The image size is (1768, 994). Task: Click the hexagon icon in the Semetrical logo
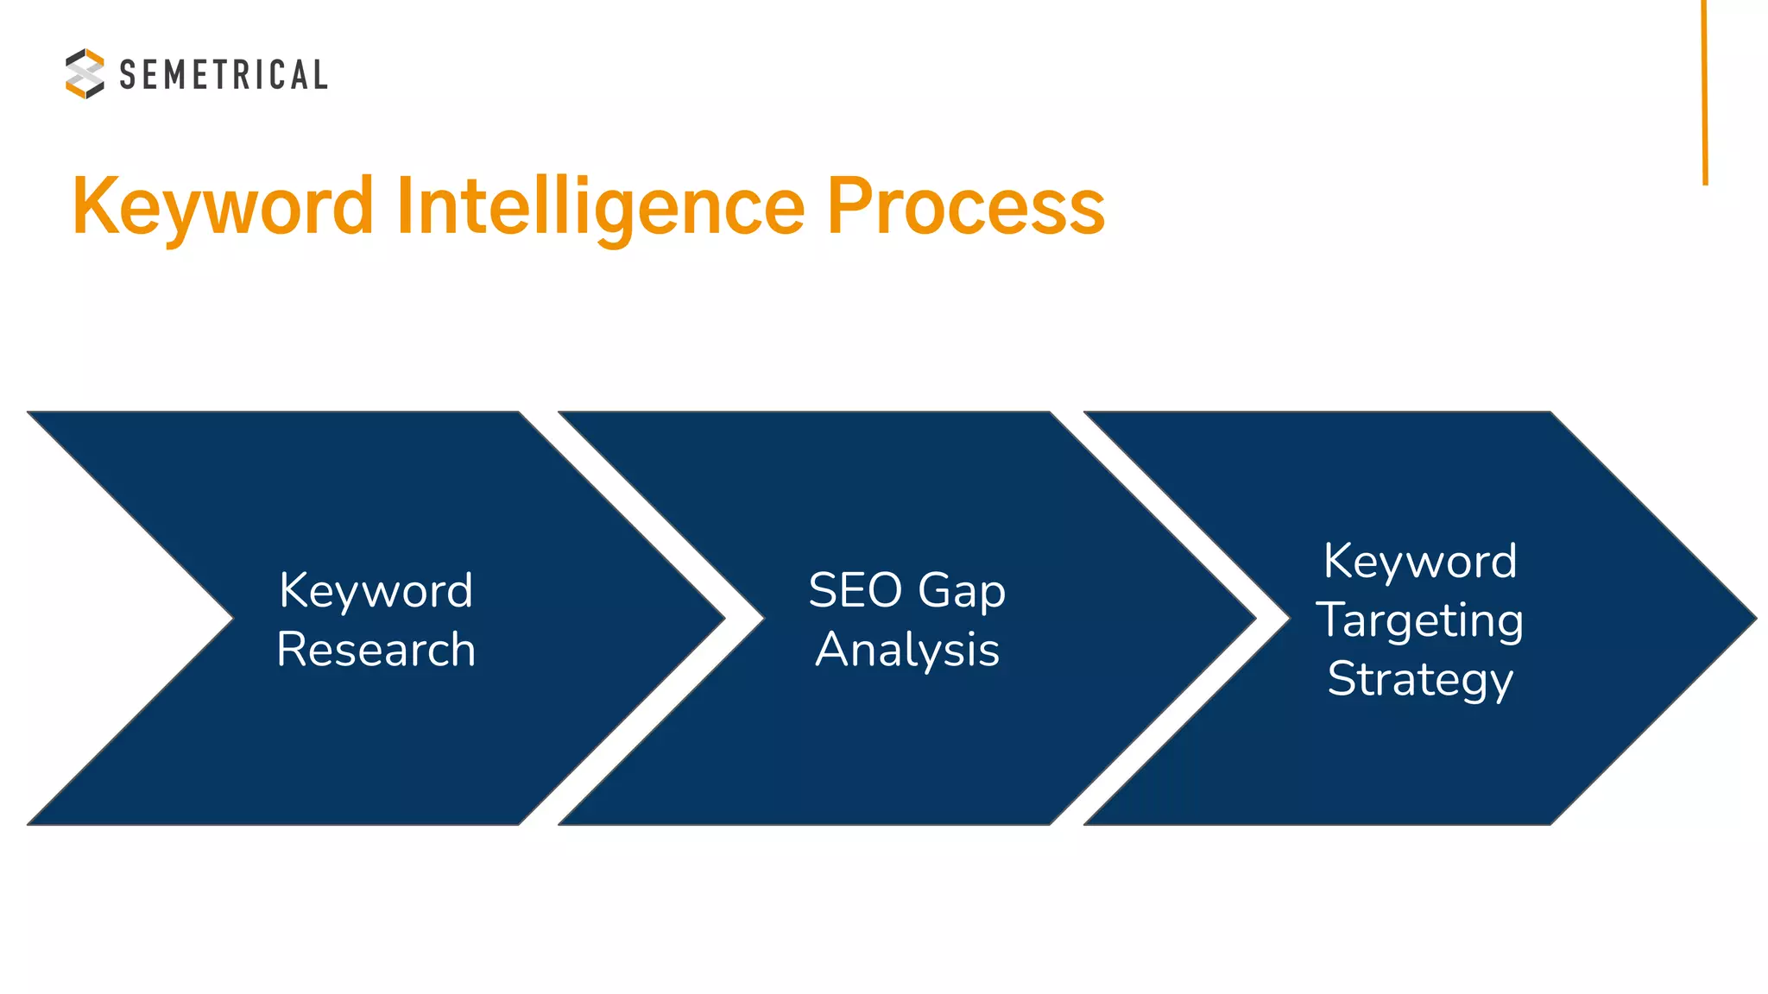(85, 73)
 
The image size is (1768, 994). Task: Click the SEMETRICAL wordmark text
(223, 75)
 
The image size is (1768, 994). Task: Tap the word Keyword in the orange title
(223, 207)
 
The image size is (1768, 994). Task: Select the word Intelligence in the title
(601, 207)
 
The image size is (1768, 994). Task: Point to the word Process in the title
(966, 207)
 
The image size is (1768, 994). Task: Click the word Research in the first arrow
(376, 650)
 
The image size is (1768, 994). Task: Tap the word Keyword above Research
(376, 591)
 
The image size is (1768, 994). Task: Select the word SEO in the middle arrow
(855, 591)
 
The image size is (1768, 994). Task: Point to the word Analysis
(907, 650)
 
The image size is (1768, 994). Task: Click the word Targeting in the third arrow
(1420, 621)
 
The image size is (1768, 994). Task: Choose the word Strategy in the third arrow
(1420, 680)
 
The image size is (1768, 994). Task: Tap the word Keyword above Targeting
(1420, 562)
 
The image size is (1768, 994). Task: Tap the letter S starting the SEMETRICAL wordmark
(128, 75)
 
